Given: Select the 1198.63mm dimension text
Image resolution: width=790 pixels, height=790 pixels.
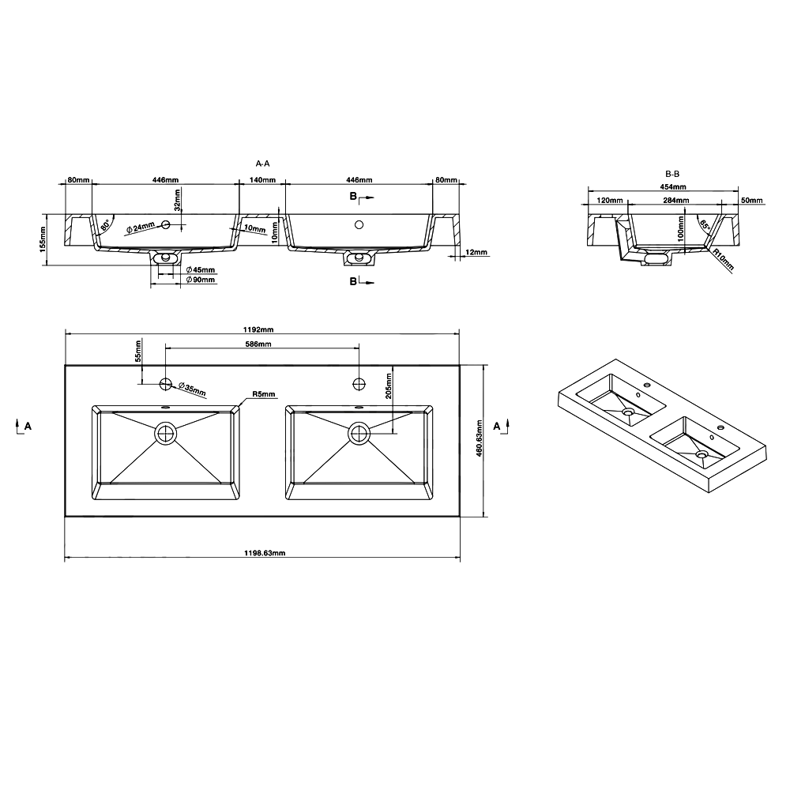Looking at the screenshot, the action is [x=265, y=553].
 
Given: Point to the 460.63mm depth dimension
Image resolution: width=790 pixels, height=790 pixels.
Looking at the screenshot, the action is [x=480, y=438].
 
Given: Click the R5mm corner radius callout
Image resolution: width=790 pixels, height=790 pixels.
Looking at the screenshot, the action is [x=264, y=394].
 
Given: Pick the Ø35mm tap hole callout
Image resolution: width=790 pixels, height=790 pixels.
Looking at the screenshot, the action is [x=192, y=389].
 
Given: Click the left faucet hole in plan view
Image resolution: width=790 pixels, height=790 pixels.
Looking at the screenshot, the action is [x=165, y=384].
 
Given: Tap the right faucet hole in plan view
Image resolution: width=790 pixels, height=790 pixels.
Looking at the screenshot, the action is [x=359, y=384].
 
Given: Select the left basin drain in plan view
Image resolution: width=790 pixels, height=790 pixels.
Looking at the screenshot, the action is [x=165, y=433].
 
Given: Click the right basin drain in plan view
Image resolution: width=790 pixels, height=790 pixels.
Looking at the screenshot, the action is [x=359, y=433].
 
